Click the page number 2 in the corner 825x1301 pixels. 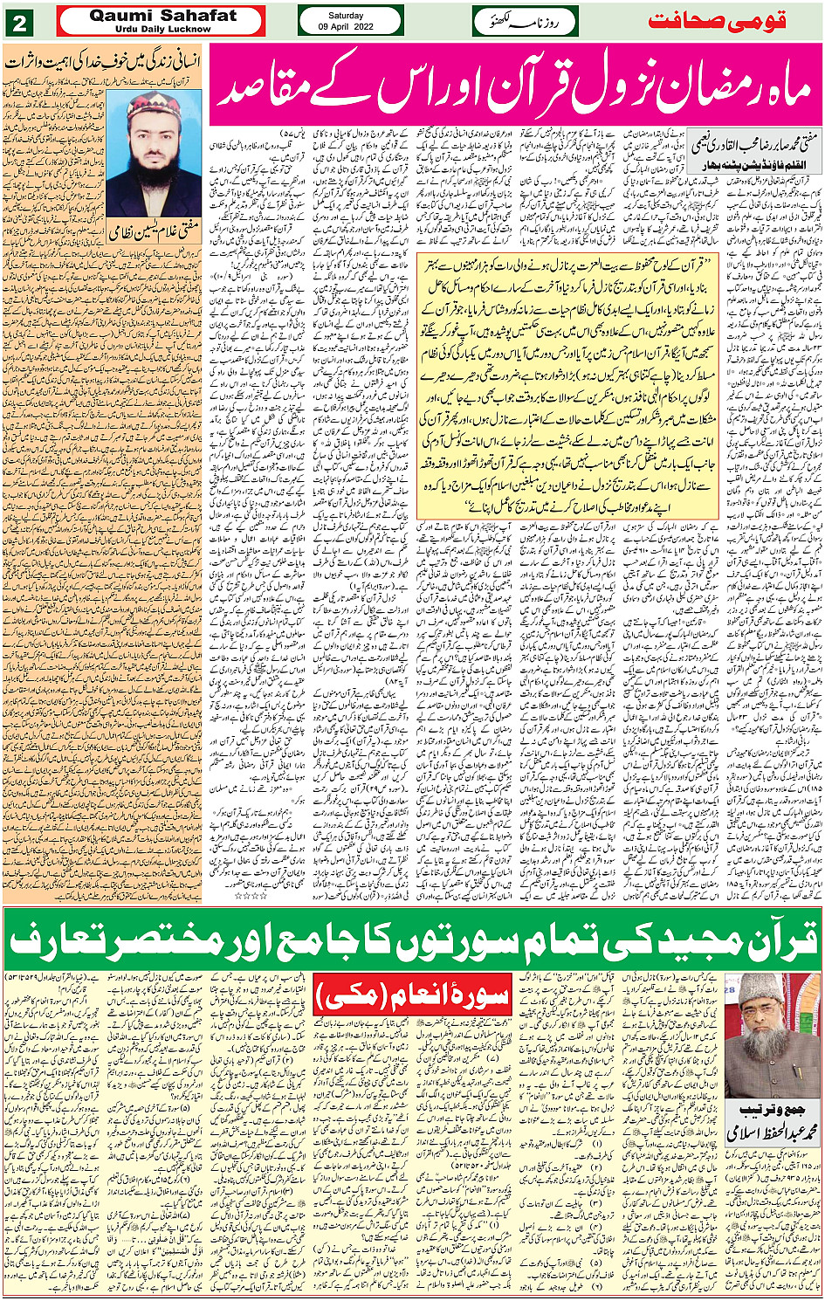[20, 21]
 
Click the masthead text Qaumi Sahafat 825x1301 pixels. [162, 15]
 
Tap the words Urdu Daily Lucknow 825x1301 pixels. [162, 29]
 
